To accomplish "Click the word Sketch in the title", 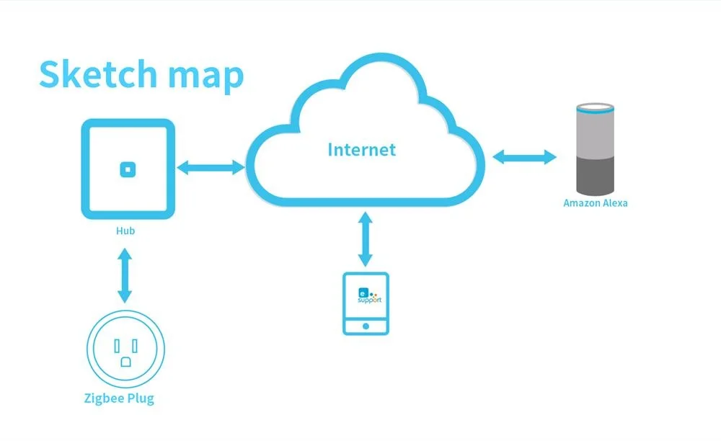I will (x=97, y=74).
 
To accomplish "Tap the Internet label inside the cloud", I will (x=361, y=150).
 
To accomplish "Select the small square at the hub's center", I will (x=128, y=169).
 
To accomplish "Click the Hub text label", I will (x=125, y=231).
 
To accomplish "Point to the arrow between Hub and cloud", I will (x=211, y=168).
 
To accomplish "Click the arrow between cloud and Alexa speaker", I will (x=525, y=156).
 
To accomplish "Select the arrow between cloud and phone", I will (x=366, y=240).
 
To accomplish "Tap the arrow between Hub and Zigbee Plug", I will (x=125, y=275).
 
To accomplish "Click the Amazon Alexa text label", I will (x=595, y=203).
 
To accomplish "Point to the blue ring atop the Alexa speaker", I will (x=596, y=109).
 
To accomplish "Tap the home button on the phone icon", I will (x=366, y=326).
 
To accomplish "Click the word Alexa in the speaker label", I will (x=615, y=203).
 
